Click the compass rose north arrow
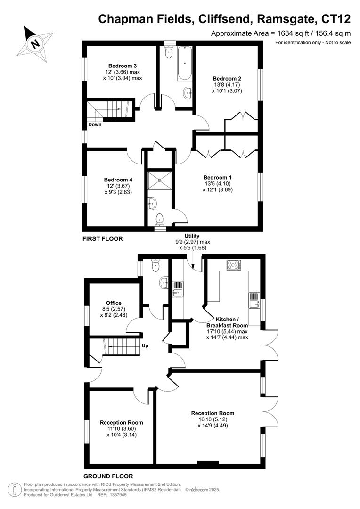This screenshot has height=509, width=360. point(35,43)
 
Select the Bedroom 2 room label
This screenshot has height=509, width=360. point(227,78)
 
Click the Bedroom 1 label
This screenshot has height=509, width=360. point(218,177)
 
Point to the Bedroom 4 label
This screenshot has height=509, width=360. point(118,180)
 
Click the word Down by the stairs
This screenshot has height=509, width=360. point(95,125)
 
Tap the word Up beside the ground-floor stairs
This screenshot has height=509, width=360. point(145,346)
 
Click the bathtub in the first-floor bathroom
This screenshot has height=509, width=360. point(183,63)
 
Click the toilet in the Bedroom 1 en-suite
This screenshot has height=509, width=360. point(160,218)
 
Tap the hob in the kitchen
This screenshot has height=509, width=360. point(233,265)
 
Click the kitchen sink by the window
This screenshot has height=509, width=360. point(254,300)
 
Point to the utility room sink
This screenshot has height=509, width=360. point(178,289)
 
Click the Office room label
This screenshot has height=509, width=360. point(114,303)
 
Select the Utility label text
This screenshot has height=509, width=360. point(192,236)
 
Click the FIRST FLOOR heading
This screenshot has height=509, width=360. point(102,239)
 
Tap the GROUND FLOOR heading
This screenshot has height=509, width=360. point(108,476)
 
